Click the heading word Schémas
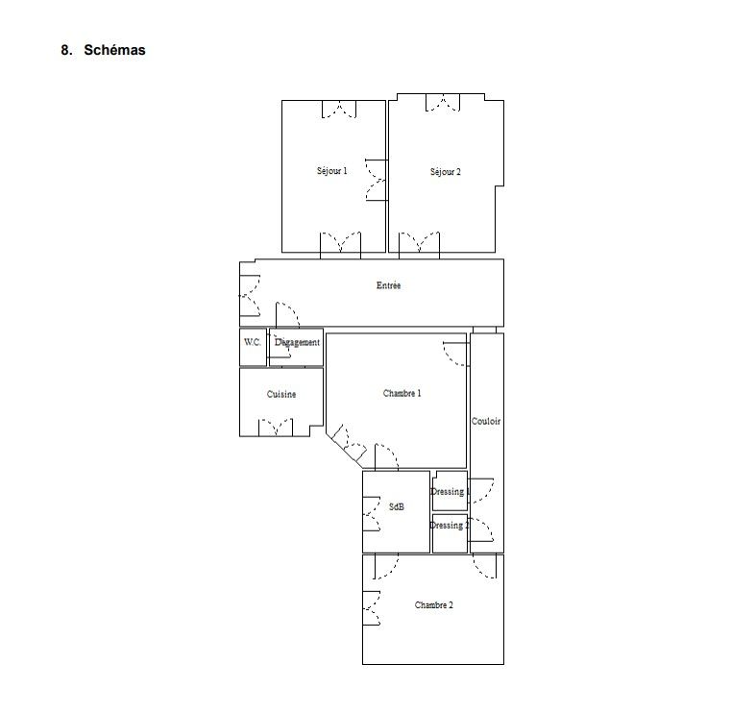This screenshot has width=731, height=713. pos(114,50)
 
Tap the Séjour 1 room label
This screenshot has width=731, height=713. pos(332,171)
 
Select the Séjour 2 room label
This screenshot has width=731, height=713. pos(445,172)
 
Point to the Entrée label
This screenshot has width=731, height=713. pos(388,285)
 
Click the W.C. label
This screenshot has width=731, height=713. pos(253,342)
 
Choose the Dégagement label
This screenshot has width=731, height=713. pos(297,342)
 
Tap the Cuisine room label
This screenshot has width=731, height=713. pos(281,394)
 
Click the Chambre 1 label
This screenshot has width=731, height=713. pos(402,393)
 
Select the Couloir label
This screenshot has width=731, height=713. pos(486,421)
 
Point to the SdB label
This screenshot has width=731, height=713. pos(397,506)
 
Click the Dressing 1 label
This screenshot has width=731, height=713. pos(450,491)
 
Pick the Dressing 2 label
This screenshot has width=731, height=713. pos(450,525)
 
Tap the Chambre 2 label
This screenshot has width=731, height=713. pos(433,604)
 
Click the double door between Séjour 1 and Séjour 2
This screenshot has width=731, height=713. pos(377,180)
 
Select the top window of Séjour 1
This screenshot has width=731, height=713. pos(339,110)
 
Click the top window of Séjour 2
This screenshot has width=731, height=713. pos(443,103)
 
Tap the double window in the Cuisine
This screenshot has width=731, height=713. pos(276,428)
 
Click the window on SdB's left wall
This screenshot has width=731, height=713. pos(372,514)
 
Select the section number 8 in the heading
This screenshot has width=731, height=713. pos(66,50)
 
